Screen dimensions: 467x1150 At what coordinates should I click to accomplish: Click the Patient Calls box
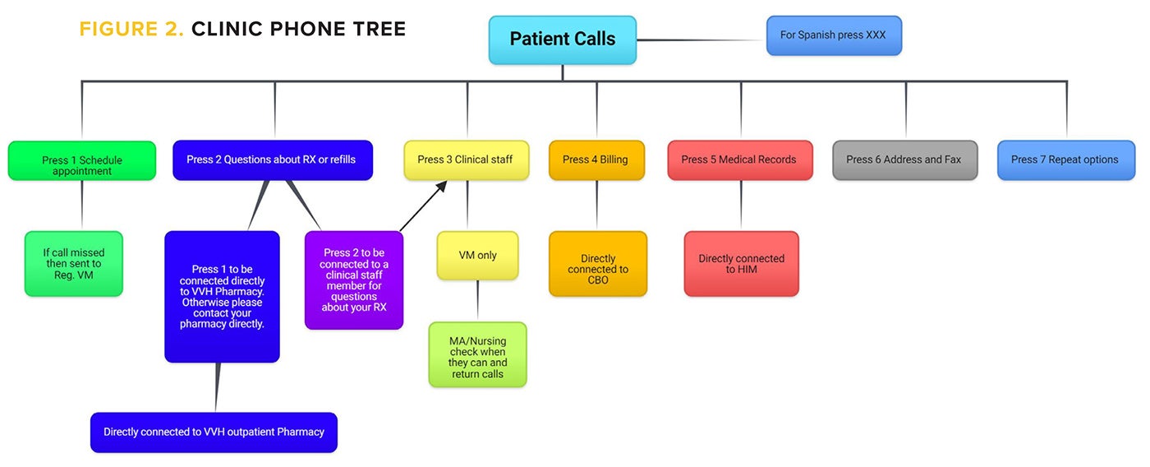[x=563, y=39]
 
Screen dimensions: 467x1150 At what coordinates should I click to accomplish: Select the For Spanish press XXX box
[x=834, y=35]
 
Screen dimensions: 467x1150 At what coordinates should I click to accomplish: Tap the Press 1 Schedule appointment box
[x=82, y=161]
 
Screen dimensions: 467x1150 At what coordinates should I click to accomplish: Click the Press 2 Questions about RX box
[x=272, y=160]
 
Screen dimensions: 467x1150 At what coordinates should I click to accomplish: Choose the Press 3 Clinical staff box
[x=467, y=160]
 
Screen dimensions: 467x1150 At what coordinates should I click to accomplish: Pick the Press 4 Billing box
[x=596, y=160]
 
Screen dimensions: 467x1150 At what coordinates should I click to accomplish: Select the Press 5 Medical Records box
[x=739, y=160]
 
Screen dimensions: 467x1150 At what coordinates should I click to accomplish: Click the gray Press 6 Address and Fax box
[x=904, y=160]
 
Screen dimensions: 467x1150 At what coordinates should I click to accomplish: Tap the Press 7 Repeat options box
[x=1065, y=160]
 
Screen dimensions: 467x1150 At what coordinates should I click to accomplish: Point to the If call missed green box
[x=74, y=263]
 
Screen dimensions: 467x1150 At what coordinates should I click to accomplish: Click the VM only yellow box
[x=477, y=255]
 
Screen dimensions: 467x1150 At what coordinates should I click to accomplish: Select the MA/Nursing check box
[x=477, y=354]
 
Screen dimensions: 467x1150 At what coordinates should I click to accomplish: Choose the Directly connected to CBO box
[x=598, y=264]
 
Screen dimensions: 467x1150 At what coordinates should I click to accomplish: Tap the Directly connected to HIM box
[x=741, y=264]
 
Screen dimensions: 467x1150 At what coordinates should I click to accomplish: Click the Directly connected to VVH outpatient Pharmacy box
[x=214, y=432]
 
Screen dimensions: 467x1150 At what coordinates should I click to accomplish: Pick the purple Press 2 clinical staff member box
[x=354, y=280]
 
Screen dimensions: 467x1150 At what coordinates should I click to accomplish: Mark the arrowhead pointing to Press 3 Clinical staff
[x=441, y=187]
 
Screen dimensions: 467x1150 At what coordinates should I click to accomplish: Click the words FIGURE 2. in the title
[x=131, y=30]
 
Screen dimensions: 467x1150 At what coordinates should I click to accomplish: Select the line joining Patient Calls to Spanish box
[x=701, y=39]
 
